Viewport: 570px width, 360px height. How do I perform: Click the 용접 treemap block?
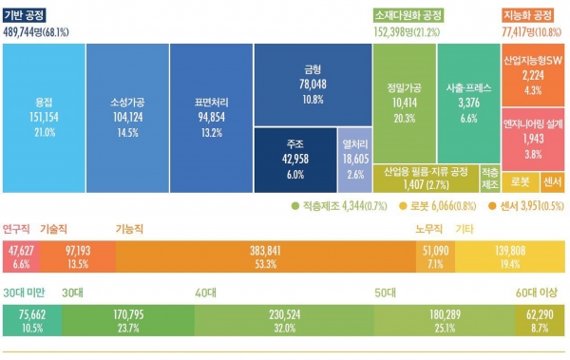tap(44, 114)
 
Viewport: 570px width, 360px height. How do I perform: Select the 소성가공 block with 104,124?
tap(127, 114)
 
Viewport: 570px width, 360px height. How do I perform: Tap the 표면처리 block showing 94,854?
tap(211, 114)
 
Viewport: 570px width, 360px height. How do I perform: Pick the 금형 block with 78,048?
tap(312, 84)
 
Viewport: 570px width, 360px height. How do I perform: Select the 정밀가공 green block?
tap(403, 100)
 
